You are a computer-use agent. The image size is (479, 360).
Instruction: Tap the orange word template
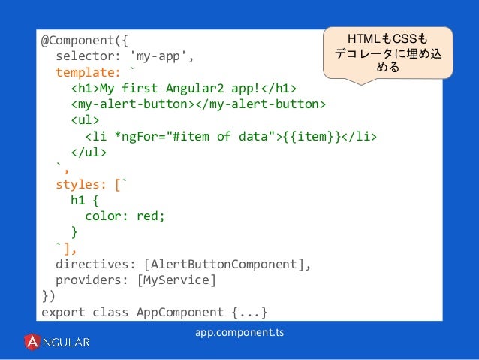[85, 73]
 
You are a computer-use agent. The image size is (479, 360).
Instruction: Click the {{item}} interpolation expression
[311, 136]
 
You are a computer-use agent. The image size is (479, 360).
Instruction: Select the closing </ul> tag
[89, 152]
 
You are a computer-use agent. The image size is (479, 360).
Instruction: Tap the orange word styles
[79, 183]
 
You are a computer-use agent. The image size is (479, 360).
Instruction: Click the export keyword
[64, 311]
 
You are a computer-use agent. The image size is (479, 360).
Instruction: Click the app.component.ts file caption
[239, 331]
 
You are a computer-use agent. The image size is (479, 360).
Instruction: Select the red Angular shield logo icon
[32, 342]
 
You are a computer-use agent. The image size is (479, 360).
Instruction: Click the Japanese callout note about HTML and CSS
[388, 52]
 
